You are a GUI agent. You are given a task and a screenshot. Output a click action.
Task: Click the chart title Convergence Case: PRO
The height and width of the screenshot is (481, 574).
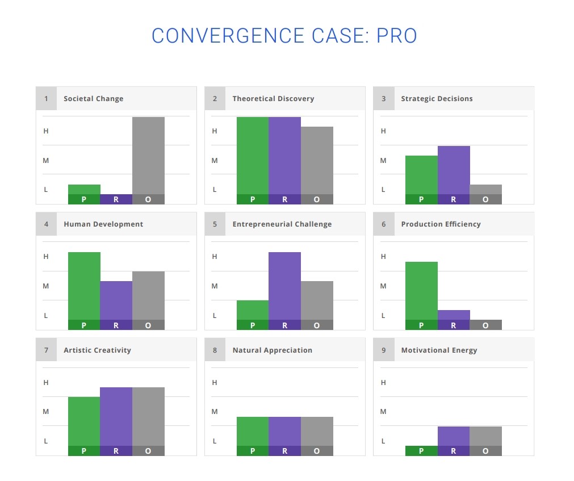(284, 36)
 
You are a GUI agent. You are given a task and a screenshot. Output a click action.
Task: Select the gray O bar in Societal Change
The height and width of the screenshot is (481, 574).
(148, 160)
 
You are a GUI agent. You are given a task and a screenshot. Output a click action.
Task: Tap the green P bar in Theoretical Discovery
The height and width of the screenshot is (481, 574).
(253, 160)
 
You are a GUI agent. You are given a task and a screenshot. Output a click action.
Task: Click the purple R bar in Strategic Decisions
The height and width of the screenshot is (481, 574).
(454, 175)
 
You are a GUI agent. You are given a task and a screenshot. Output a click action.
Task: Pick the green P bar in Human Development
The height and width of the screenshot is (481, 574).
(84, 291)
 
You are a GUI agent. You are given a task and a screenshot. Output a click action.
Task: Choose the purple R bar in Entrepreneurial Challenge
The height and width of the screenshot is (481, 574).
(285, 291)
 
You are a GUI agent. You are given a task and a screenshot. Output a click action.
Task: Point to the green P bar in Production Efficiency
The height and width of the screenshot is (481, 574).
(421, 296)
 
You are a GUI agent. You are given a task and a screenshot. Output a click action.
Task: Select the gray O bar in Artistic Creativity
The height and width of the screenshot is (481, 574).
(148, 421)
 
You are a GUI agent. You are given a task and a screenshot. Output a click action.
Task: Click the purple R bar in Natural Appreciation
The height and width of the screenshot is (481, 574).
(285, 436)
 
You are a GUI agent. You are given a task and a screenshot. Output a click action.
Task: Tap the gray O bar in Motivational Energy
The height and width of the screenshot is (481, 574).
(485, 441)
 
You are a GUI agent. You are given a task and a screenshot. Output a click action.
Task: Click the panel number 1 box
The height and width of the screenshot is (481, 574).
(46, 98)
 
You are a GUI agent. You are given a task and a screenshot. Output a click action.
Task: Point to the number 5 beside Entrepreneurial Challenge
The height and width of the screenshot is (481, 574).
(215, 224)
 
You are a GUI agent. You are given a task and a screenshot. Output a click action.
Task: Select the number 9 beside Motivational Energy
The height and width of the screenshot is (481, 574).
(384, 350)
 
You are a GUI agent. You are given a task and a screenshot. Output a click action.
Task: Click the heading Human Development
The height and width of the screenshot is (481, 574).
(103, 224)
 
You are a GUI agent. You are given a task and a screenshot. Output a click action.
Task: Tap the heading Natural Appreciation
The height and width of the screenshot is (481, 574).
(273, 350)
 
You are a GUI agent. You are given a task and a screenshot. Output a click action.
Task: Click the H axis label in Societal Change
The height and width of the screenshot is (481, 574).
(46, 131)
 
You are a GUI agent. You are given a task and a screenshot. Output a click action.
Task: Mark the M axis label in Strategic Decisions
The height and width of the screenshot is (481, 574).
(383, 160)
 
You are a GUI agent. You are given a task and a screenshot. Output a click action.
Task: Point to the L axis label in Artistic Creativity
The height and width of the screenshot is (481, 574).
(46, 441)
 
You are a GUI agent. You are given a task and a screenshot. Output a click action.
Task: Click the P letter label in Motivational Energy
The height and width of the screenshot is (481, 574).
(421, 451)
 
